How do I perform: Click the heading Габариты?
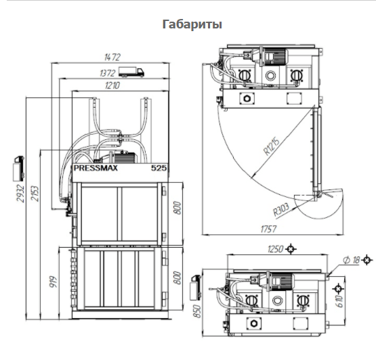point(192,24)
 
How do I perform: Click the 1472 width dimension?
point(112,58)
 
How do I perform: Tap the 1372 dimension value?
point(108,73)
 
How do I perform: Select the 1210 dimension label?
point(112,85)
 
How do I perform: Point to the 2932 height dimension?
point(20,194)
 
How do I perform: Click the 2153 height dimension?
point(35,194)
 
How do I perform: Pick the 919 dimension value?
point(54,282)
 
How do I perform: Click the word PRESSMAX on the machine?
point(96,168)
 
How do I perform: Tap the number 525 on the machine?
point(159,168)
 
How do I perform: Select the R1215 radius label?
point(272,146)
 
